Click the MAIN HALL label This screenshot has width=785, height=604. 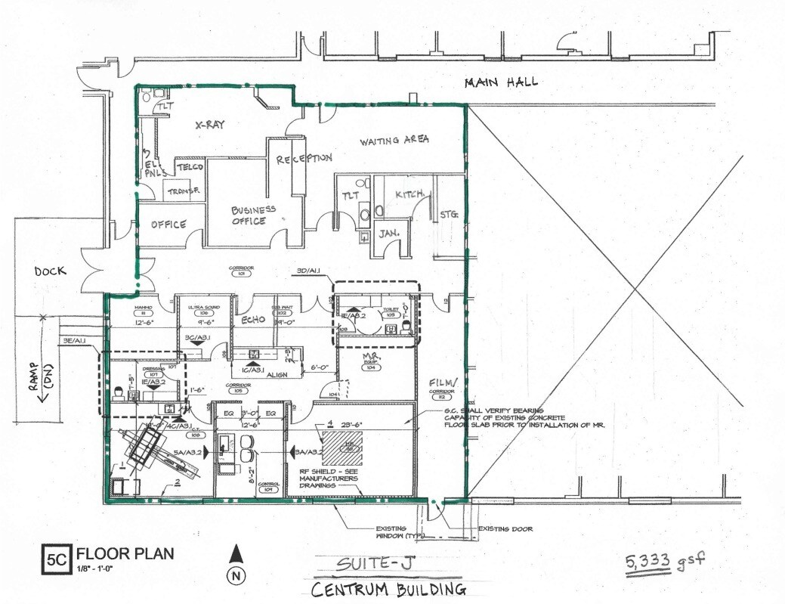pos(501,82)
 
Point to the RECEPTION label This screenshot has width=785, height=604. pos(304,159)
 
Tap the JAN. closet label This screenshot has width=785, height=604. pos(388,233)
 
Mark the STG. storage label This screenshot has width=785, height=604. pos(450,215)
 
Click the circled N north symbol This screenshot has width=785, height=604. pos(236,575)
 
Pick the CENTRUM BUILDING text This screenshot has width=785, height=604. pos(389,589)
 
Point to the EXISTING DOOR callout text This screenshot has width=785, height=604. pos(505,528)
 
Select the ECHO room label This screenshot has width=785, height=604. pos(252,320)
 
